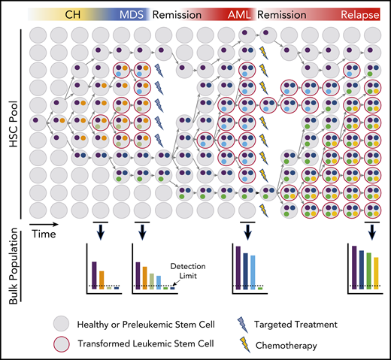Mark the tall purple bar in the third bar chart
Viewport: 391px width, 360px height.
[238, 266]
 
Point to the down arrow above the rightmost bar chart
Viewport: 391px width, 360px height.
[371, 230]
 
